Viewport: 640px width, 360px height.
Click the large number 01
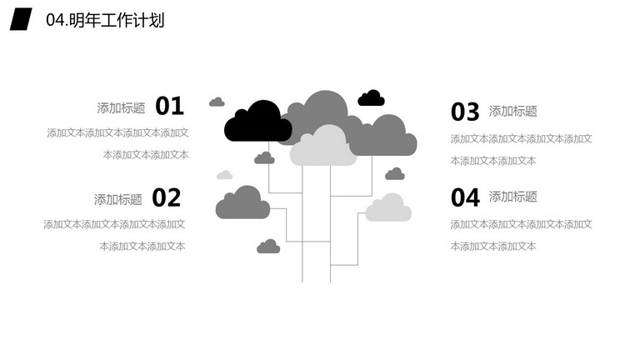[x=170, y=106]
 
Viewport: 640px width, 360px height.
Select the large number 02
[x=167, y=198]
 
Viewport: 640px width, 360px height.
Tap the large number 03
[x=465, y=112]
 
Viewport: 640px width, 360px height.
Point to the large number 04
[x=465, y=198]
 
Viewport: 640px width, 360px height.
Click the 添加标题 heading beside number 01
[x=121, y=108]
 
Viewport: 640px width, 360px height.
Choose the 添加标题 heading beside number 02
[x=118, y=200]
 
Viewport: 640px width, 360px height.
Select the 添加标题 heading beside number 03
[x=513, y=111]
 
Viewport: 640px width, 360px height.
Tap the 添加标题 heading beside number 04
[x=513, y=197]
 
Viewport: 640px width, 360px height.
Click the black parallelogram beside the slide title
[x=21, y=19]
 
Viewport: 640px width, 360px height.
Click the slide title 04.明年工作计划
[x=105, y=20]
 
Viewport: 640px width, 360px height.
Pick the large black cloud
[x=258, y=122]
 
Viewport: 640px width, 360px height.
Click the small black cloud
[x=371, y=98]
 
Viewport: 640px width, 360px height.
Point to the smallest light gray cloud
[x=224, y=175]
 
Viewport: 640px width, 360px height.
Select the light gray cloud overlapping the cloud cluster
[x=323, y=146]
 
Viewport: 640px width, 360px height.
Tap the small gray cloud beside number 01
[x=217, y=102]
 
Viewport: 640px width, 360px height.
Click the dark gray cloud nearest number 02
[x=242, y=202]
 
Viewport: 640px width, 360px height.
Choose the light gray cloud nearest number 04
[x=388, y=207]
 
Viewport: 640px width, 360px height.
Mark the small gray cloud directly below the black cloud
[x=264, y=158]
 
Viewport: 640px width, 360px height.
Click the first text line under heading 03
[x=521, y=139]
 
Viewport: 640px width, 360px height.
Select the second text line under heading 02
[x=142, y=247]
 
